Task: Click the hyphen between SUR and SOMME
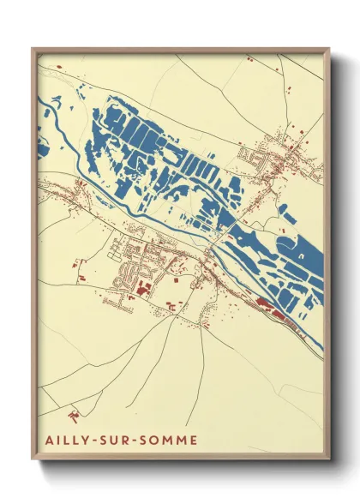[x=133, y=441]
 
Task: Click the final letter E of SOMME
[x=193, y=441]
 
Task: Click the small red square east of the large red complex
[x=177, y=279]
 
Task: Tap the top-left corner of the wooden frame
[x=33, y=49]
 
